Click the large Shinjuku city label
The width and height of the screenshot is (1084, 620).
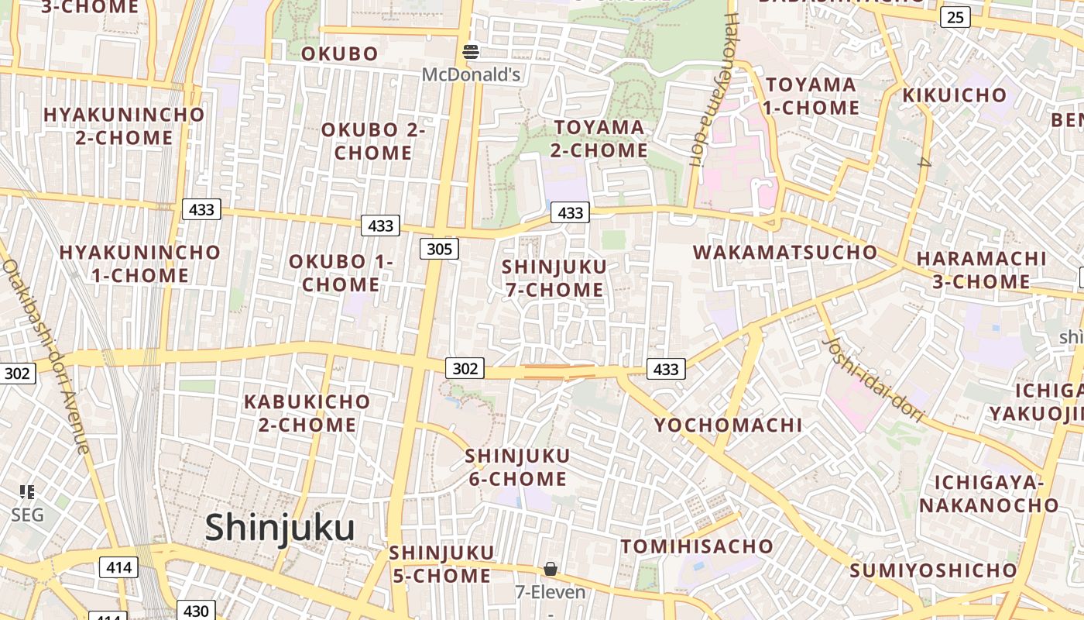tap(280, 528)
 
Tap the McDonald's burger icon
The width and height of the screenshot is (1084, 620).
tap(471, 52)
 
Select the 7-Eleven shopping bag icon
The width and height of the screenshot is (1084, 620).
tap(550, 570)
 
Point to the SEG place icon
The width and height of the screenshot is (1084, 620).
tap(27, 491)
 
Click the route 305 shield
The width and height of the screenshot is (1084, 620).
tap(439, 249)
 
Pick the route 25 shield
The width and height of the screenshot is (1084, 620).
tap(955, 16)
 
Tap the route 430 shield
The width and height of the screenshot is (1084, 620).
tap(196, 611)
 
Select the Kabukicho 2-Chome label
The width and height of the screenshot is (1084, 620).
tap(307, 413)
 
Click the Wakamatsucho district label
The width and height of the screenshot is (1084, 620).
tap(785, 252)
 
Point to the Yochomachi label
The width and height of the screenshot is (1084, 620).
tap(728, 425)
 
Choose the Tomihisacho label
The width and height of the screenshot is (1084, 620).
tap(697, 546)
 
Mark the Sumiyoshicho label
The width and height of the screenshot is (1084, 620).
tap(933, 570)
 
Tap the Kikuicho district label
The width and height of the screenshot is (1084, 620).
tap(955, 95)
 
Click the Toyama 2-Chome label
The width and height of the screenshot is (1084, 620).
tap(599, 138)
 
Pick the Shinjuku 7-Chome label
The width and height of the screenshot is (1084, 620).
tap(554, 277)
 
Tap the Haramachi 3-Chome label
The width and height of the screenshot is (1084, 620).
tap(981, 270)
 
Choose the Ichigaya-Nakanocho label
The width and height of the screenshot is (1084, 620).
tap(988, 494)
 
